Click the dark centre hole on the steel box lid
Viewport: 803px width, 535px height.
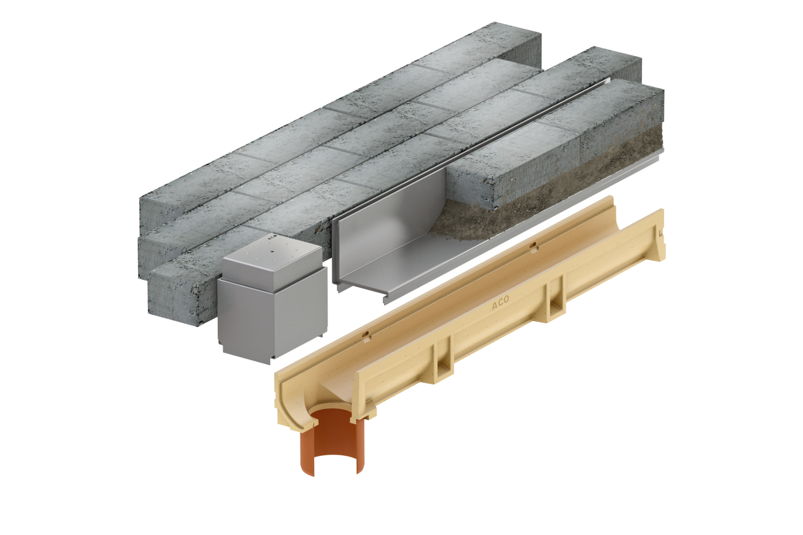273,251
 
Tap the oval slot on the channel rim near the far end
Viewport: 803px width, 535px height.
533,246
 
